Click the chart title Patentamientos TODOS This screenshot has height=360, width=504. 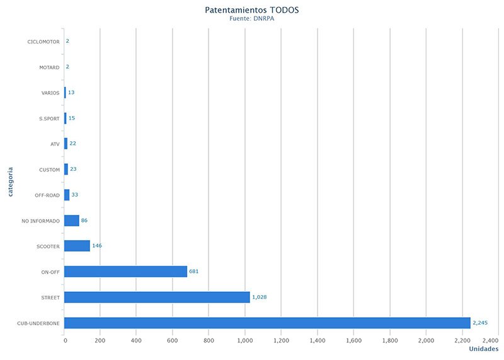coord(252,10)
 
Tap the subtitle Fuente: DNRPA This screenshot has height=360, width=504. coord(252,20)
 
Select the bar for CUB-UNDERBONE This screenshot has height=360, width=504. coord(267,323)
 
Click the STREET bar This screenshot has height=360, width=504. coord(157,297)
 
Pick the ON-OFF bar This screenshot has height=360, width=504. coord(125,272)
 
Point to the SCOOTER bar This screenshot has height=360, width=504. coord(77,246)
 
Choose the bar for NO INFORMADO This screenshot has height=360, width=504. coord(71,221)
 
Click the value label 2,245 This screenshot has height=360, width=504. coord(479,323)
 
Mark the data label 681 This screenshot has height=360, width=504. coord(194,272)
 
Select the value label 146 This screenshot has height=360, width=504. coord(97,246)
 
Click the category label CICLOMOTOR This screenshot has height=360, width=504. coord(43,42)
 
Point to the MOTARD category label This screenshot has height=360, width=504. coord(49,67)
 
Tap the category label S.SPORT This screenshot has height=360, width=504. coord(49,119)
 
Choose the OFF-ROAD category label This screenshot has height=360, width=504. coord(47,195)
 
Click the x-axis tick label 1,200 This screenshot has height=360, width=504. coord(281,340)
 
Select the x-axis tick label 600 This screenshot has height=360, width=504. coord(172,340)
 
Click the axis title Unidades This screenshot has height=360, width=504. coord(483,349)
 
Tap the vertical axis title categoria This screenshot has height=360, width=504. coord(11,180)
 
